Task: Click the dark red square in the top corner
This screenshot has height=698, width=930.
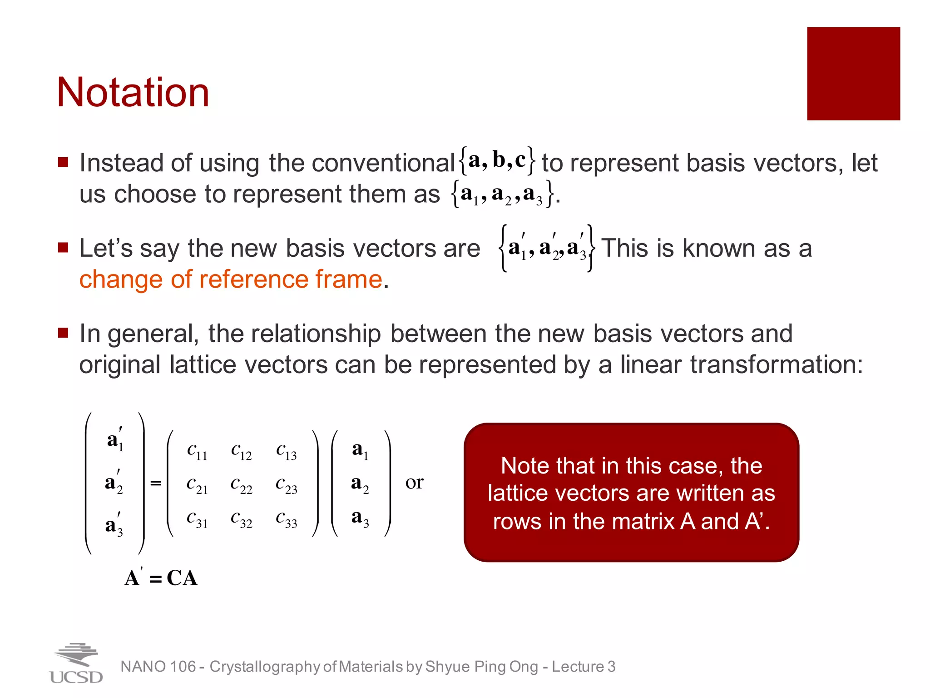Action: click(x=853, y=74)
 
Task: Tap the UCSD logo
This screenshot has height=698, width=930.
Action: click(x=76, y=663)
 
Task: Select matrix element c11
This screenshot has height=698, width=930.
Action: click(x=197, y=451)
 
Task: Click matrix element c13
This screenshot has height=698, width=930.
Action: click(x=286, y=451)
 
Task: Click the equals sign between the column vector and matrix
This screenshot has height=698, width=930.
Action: click(x=156, y=483)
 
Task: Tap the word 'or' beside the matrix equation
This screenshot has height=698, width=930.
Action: click(x=414, y=483)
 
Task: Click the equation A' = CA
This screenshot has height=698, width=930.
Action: click(x=161, y=578)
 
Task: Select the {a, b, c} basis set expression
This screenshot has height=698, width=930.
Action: click(x=497, y=160)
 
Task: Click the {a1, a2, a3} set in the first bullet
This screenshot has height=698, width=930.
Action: click(x=502, y=194)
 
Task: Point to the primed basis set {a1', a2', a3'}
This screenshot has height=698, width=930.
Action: click(x=547, y=248)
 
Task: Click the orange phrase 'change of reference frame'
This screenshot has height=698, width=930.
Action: click(x=231, y=279)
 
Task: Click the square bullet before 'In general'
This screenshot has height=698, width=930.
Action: click(x=63, y=334)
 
